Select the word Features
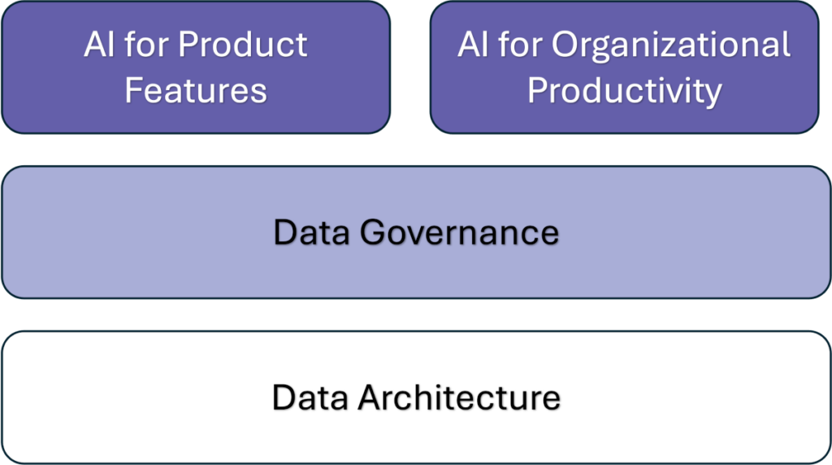coord(196,90)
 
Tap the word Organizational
coord(671,45)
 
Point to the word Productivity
coord(624,91)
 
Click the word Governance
coord(459,233)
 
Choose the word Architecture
coord(460,398)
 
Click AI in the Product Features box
coord(98,45)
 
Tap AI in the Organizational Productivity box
coord(472,45)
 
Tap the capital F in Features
coord(132,90)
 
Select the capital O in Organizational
coord(566,45)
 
